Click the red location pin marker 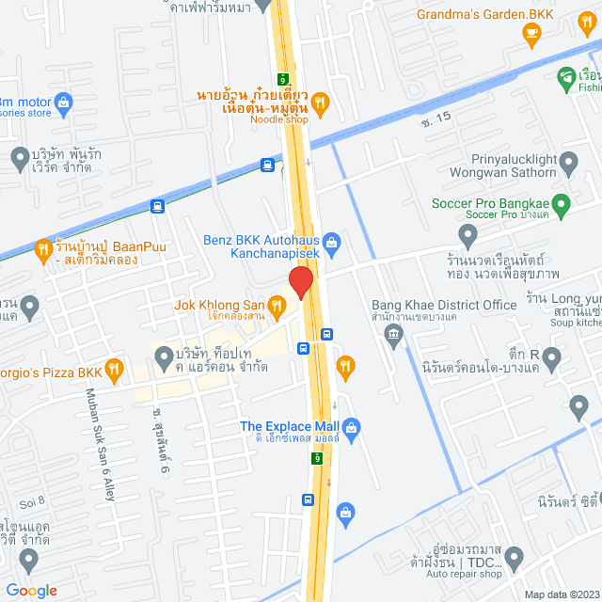pos(300,282)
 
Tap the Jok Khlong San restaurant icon pos(277,304)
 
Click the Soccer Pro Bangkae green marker pos(561,203)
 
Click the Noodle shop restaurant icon pos(320,103)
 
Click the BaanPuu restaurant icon pos(42,249)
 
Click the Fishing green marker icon pos(565,77)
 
